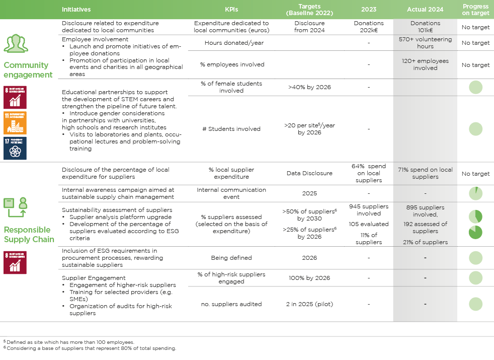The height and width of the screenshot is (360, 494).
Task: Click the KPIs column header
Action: pyautogui.click(x=231, y=10)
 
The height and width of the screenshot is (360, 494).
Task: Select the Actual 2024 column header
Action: pyautogui.click(x=425, y=10)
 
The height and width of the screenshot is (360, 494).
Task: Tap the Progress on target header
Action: pyautogui.click(x=475, y=10)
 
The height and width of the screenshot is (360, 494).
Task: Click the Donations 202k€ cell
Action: pyautogui.click(x=369, y=27)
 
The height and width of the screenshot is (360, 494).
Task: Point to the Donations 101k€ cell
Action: pyautogui.click(x=425, y=27)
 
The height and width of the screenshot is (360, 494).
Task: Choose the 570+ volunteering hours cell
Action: pyautogui.click(x=425, y=43)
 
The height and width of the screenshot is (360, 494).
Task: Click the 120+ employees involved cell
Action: pyautogui.click(x=425, y=64)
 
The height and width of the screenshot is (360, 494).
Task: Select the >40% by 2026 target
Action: pyautogui.click(x=309, y=87)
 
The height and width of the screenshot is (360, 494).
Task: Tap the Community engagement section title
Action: pyautogui.click(x=28, y=70)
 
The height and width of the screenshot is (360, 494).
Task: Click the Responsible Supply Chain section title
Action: pyautogui.click(x=29, y=235)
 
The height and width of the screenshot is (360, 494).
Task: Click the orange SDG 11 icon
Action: pyautogui.click(x=15, y=123)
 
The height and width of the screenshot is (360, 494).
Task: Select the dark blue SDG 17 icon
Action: pyautogui.click(x=15, y=148)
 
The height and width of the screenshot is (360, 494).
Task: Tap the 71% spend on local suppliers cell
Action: pyautogui.click(x=425, y=173)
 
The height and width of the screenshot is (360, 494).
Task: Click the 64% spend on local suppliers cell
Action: pyautogui.click(x=369, y=173)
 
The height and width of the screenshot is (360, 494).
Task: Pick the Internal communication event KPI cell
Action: pyautogui.click(x=231, y=193)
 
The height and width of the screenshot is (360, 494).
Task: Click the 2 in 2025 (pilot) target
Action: pyautogui.click(x=309, y=304)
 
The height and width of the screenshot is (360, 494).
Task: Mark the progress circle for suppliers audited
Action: pyautogui.click(x=475, y=304)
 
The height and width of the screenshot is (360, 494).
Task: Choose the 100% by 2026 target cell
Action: pyautogui.click(x=309, y=278)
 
